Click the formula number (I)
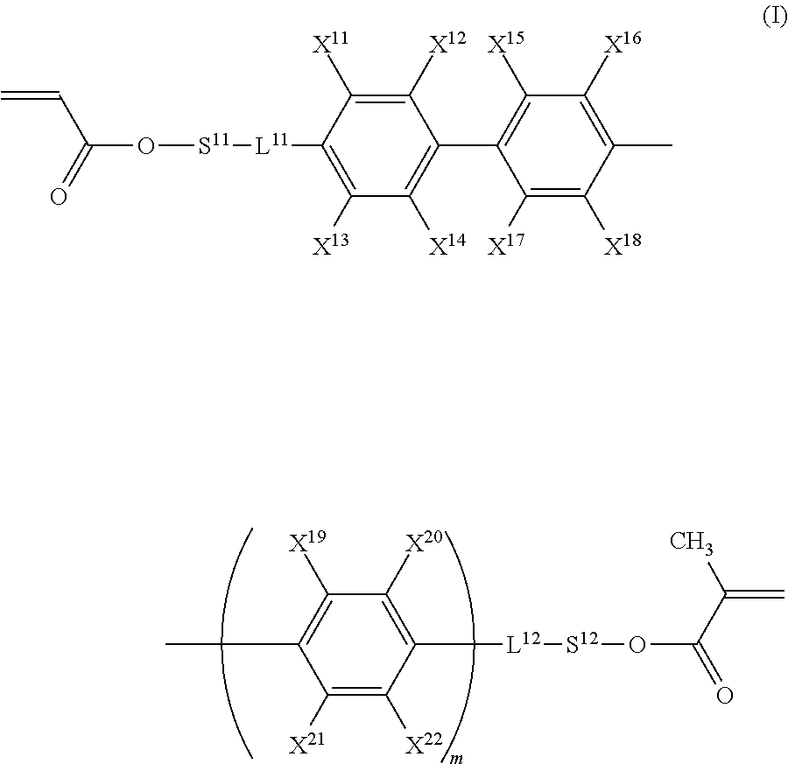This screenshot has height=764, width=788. pos(774,18)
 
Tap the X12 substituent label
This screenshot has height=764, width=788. pos(447,44)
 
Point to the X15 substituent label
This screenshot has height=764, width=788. pos(505,44)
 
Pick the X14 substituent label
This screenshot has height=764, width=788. pos(447,246)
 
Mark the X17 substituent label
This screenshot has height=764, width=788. pos(505,246)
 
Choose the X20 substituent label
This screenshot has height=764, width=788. pos(423,545)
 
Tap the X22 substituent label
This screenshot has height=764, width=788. pos(423,746)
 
